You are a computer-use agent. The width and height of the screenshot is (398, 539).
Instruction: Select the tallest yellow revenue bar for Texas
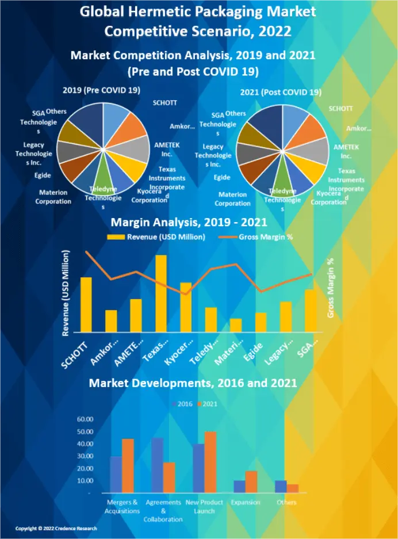[161, 293]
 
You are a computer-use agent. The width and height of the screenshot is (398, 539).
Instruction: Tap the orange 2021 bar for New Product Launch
[211, 462]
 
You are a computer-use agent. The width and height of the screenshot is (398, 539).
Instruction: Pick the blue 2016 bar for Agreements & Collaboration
[157, 465]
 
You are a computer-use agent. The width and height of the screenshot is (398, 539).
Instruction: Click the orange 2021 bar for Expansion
[251, 481]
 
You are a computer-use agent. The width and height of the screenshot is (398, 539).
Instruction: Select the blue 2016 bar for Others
[281, 486]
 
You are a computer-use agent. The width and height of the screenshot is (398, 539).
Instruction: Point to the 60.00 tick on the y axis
[85, 419]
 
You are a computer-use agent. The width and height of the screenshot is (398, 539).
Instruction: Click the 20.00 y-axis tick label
[85, 468]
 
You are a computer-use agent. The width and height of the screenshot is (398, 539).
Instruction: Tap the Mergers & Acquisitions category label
[123, 506]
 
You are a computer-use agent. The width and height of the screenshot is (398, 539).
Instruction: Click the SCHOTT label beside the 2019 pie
[165, 103]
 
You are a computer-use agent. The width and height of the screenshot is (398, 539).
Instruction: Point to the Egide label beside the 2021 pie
[222, 178]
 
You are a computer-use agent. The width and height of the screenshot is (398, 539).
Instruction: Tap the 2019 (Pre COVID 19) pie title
[101, 90]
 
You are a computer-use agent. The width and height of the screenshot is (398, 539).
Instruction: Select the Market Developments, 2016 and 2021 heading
[193, 383]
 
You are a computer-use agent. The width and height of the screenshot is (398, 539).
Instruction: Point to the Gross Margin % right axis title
[331, 288]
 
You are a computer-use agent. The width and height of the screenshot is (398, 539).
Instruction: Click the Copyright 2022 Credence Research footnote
[56, 528]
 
